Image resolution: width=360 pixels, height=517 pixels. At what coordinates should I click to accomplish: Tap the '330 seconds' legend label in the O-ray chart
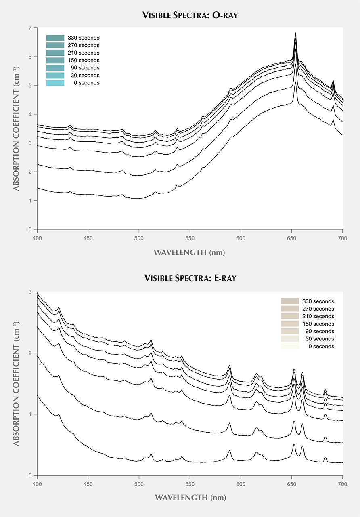tap(84, 38)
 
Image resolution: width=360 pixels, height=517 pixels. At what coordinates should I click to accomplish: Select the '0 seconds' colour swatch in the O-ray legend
tap(55, 83)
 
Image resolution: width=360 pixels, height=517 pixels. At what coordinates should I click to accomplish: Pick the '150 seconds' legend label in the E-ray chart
tap(318, 324)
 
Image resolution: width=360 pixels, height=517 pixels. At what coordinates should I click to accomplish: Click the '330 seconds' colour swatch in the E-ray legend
tap(290, 301)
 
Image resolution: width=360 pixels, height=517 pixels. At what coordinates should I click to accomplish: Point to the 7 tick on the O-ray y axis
tap(31, 28)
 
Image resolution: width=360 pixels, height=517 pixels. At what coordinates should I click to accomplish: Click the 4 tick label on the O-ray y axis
tap(31, 114)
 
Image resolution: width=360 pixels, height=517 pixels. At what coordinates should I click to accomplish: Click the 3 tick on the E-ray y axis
tap(31, 292)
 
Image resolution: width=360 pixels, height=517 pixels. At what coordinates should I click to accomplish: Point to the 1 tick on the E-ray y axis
tap(31, 414)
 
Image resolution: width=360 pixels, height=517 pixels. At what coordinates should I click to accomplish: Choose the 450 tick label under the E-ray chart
tap(88, 483)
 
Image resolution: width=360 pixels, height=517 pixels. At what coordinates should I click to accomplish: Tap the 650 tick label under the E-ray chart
tap(291, 483)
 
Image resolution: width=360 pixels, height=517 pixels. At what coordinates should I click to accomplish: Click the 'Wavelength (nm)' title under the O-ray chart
tap(189, 253)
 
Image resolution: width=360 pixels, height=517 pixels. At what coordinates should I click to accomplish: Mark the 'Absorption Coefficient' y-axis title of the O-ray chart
tap(17, 128)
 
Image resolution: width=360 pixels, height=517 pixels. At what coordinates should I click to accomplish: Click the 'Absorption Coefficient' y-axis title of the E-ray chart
tap(17, 384)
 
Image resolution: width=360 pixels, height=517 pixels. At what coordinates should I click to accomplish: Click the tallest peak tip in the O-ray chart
tap(296, 33)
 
